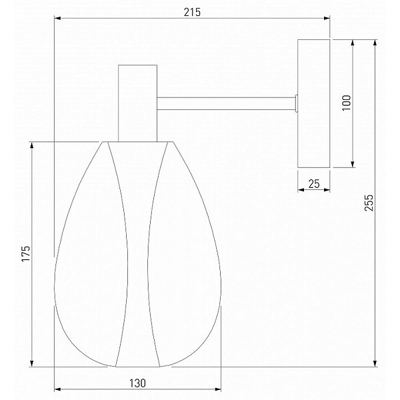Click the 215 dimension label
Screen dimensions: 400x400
192,12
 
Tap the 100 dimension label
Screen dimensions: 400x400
347,103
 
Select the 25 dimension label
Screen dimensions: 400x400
314,184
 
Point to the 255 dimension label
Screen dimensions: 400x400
369,203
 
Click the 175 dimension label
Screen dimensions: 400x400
26,253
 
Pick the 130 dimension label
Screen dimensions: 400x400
137,383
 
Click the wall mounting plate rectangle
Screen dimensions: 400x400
314,103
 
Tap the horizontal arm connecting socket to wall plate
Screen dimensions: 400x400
226,103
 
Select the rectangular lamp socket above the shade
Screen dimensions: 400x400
137,103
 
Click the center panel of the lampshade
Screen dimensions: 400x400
138,254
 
